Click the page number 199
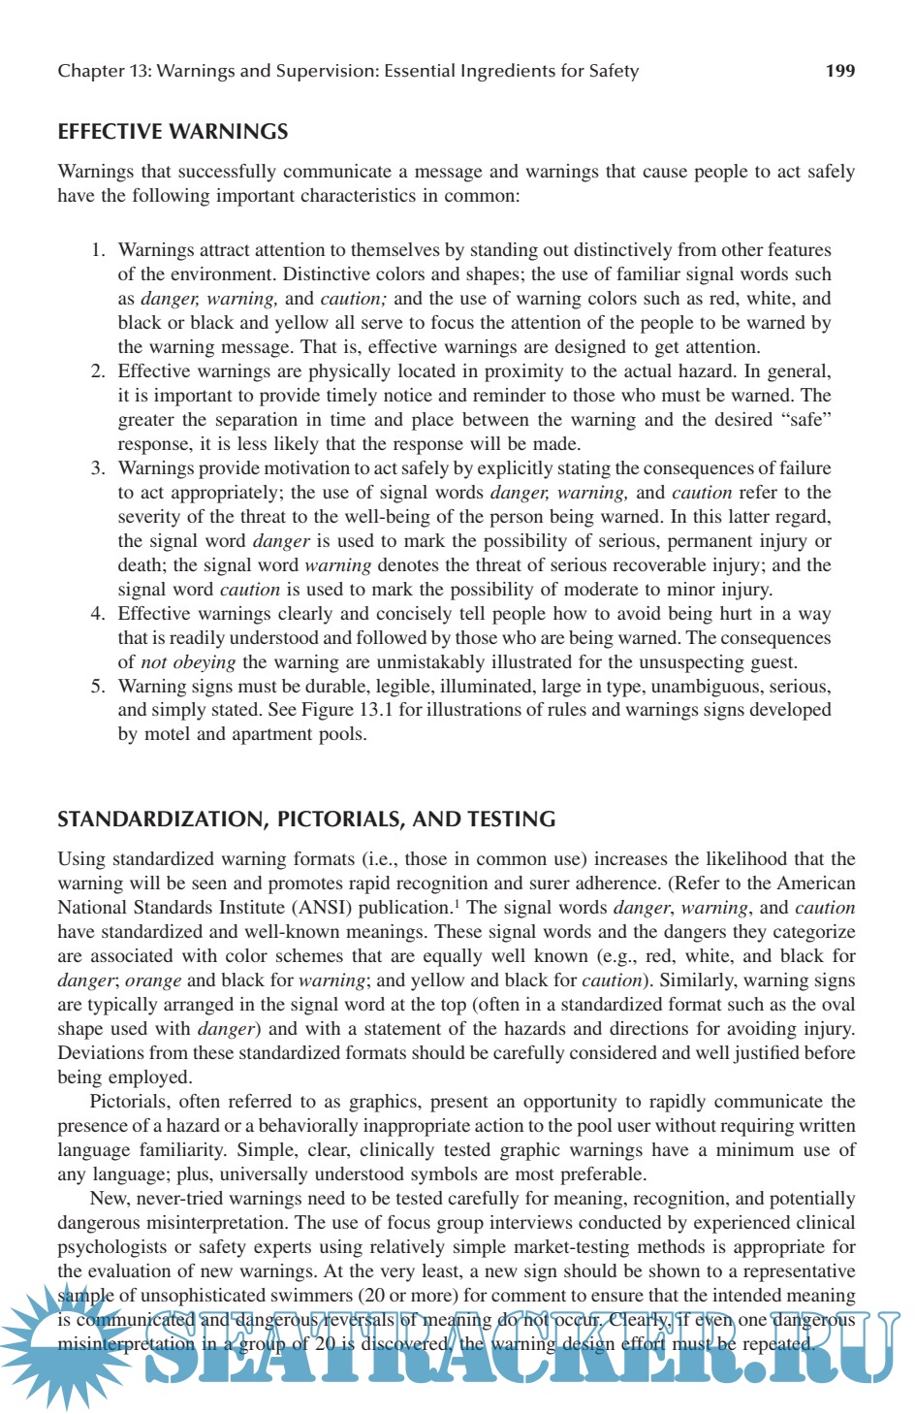pyautogui.click(x=839, y=71)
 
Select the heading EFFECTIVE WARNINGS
pyautogui.click(x=173, y=132)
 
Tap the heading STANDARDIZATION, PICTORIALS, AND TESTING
pyautogui.click(x=306, y=819)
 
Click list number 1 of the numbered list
pyautogui.click(x=98, y=250)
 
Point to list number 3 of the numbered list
pyautogui.click(x=98, y=468)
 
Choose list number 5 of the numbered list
pyautogui.click(x=98, y=687)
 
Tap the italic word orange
pyautogui.click(x=153, y=980)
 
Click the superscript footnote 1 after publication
pyautogui.click(x=457, y=904)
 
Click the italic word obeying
pyautogui.click(x=204, y=662)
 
